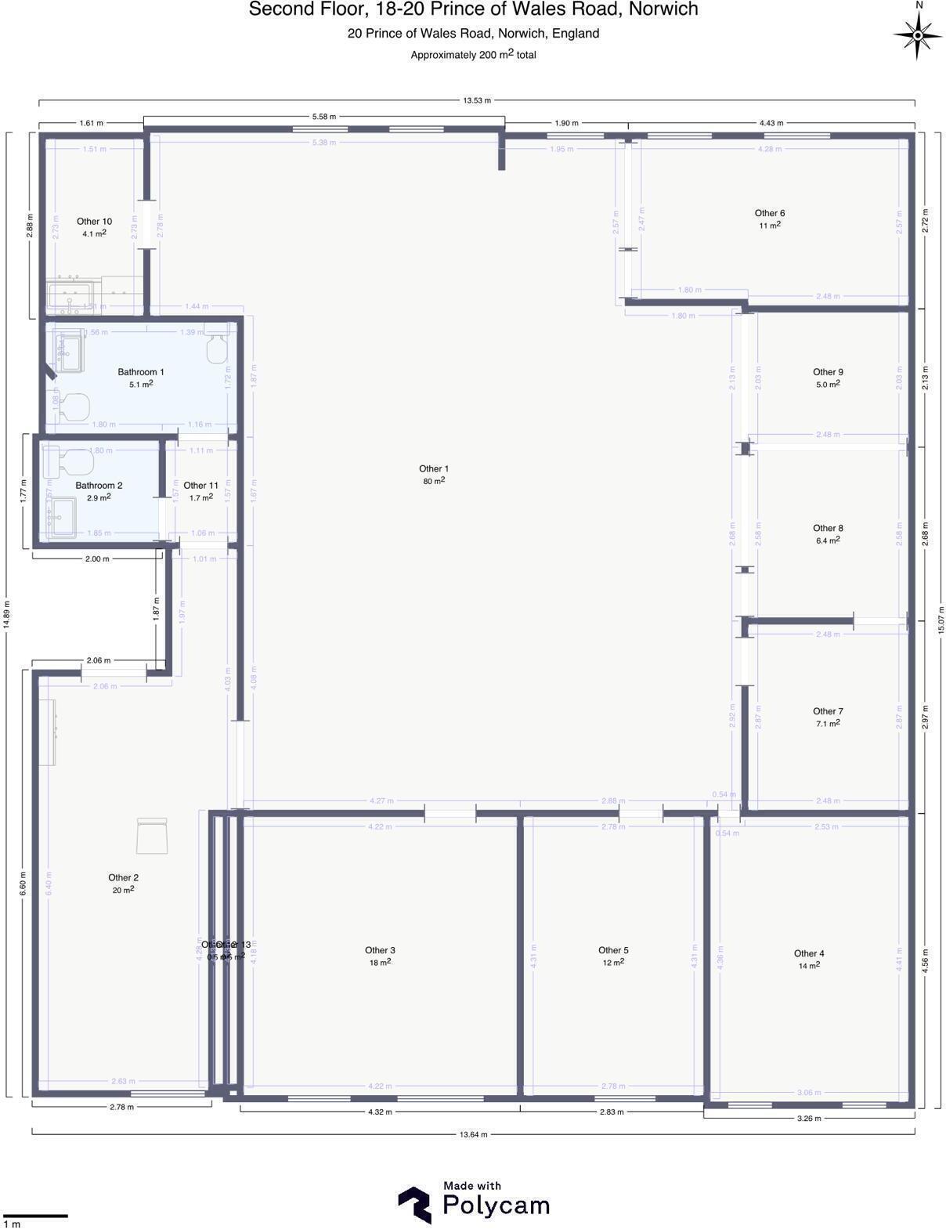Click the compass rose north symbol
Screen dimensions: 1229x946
(x=918, y=34)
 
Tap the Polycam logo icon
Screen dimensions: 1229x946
(x=415, y=1204)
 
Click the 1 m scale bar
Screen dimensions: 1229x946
(x=35, y=1215)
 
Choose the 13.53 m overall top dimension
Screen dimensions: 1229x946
(x=476, y=100)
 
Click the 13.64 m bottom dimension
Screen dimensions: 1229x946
(x=473, y=1133)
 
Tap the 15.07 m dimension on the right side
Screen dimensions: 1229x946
(x=941, y=620)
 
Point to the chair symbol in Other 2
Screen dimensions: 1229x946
(x=151, y=836)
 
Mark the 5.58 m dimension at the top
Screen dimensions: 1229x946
(x=323, y=117)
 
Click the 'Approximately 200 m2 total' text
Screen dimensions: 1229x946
(x=473, y=55)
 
